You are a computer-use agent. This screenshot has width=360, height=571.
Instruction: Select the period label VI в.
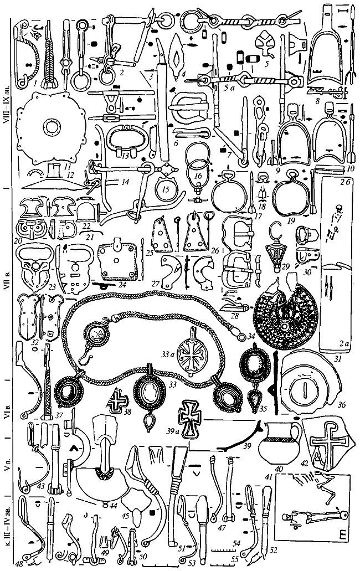click(7, 408)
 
